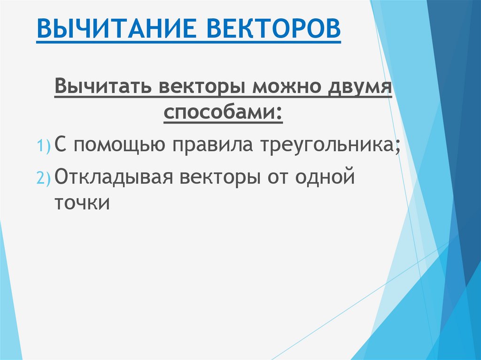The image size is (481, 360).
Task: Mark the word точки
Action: point(82,203)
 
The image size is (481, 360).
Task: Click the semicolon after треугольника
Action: point(398,148)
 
